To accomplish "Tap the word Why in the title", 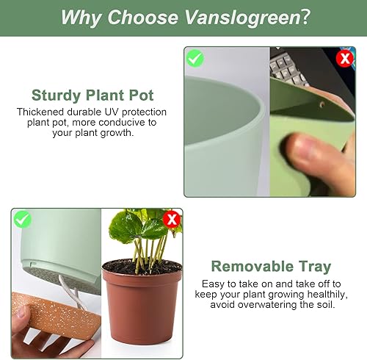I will tap(80, 17).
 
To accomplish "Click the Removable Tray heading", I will tap(271, 266).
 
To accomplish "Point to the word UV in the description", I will tap(114, 112).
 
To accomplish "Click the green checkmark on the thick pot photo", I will tap(195, 57).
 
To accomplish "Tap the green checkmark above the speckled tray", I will tap(23, 219).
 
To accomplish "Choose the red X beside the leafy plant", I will tap(172, 219).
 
